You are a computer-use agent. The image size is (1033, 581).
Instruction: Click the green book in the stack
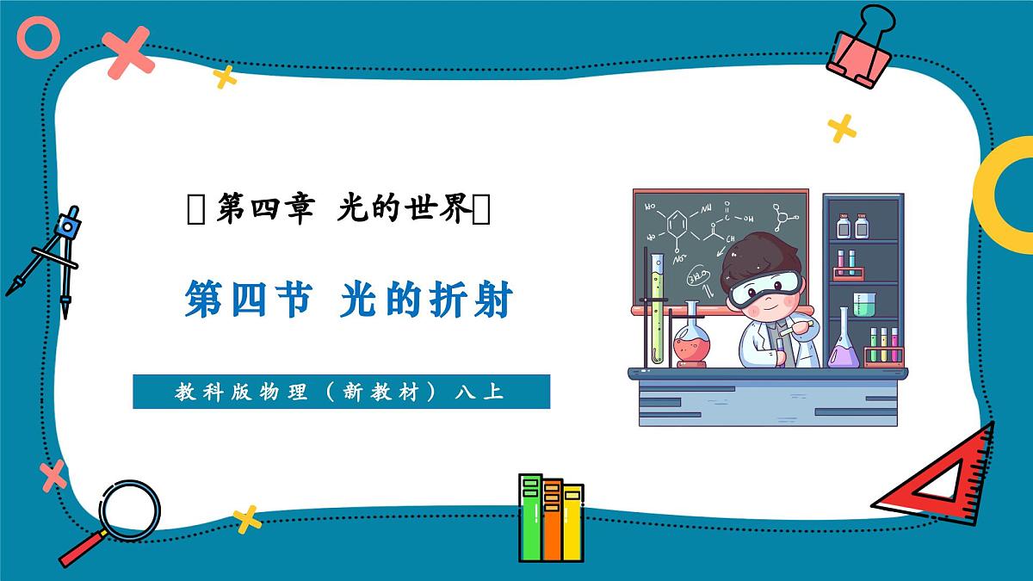click(531, 516)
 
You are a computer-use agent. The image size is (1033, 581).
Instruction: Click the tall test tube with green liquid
click(658, 310)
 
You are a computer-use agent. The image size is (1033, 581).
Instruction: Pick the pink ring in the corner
click(40, 39)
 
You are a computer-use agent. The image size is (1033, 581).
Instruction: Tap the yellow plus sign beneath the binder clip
click(842, 128)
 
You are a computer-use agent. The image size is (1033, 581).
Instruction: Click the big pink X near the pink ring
click(128, 52)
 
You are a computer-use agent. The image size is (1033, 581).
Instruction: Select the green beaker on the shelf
click(863, 304)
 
